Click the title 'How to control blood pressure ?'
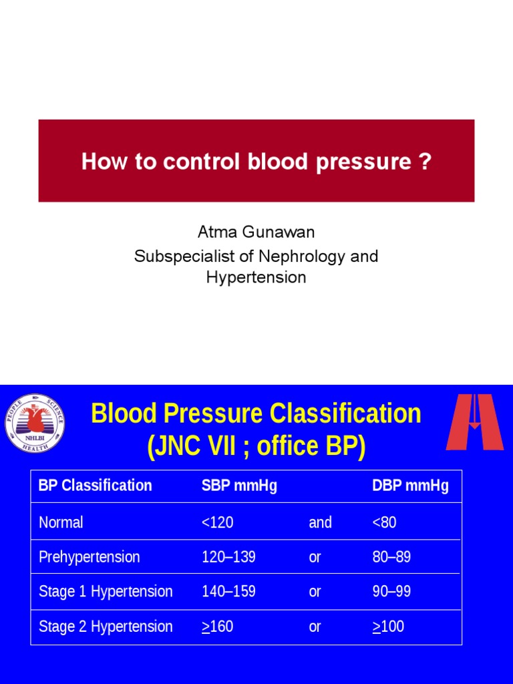(x=256, y=162)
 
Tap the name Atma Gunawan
(x=256, y=232)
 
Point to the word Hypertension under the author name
(x=256, y=278)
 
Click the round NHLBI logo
(x=35, y=422)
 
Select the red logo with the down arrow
(x=474, y=422)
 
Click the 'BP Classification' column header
(x=96, y=486)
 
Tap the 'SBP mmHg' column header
(x=239, y=486)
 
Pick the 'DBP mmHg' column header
(x=410, y=486)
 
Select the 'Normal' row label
(x=61, y=522)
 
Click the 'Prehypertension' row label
(x=90, y=557)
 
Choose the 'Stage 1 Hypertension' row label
(x=106, y=592)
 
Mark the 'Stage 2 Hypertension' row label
(x=106, y=627)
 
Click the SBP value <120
(x=217, y=522)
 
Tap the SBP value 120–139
(x=228, y=557)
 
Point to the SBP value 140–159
(x=228, y=592)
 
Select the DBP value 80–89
(x=391, y=557)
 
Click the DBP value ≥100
(x=388, y=627)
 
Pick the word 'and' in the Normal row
(x=320, y=522)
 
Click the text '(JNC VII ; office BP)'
(x=256, y=446)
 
